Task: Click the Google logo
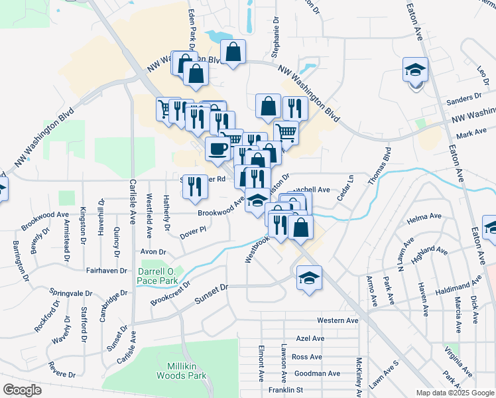22,390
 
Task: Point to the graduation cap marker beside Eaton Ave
415,71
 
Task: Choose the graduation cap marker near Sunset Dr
308,278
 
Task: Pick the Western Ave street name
338,320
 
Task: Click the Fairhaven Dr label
106,271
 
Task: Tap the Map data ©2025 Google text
454,393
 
